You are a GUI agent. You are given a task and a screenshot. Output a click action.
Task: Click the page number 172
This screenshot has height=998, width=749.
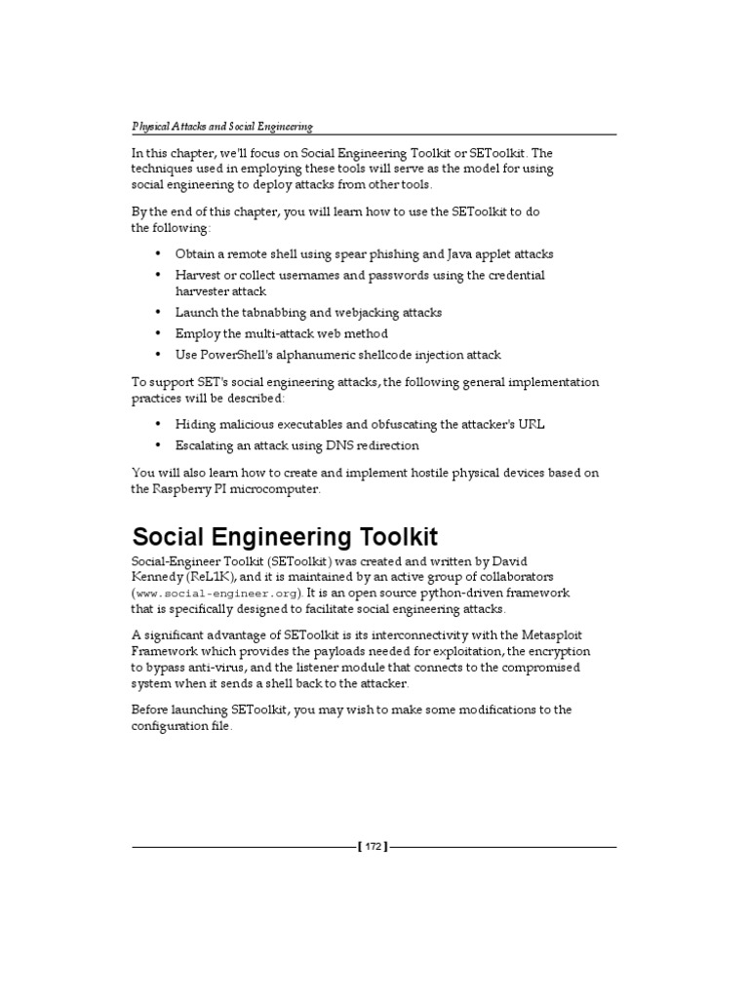pyautogui.click(x=374, y=846)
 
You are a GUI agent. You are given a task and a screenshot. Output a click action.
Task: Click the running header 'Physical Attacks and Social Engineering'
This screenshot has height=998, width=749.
pyautogui.click(x=221, y=127)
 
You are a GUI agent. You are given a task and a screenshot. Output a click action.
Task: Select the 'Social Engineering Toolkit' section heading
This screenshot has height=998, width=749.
pyautogui.click(x=285, y=536)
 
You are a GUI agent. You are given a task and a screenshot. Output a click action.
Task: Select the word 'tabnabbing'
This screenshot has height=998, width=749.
pyautogui.click(x=263, y=313)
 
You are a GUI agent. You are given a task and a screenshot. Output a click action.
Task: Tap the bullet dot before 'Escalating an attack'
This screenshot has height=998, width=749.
pyautogui.click(x=158, y=445)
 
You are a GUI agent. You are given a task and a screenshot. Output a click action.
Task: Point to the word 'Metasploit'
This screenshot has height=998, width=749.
pyautogui.click(x=550, y=635)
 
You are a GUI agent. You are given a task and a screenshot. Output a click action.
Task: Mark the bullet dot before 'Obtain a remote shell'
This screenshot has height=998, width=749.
pyautogui.click(x=158, y=253)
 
